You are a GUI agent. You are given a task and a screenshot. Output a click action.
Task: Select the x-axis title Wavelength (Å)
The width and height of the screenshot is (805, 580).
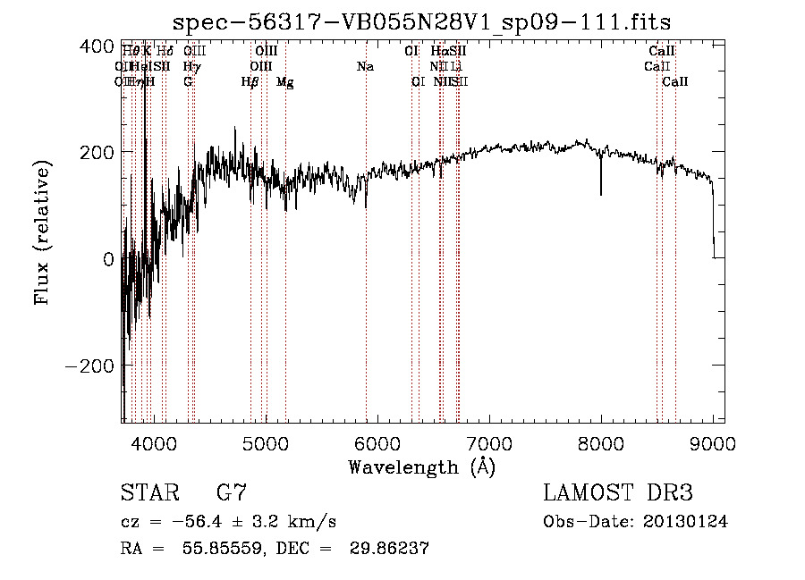pyautogui.click(x=421, y=467)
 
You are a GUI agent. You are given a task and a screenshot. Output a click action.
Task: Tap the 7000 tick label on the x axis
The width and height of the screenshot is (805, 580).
pyautogui.click(x=488, y=443)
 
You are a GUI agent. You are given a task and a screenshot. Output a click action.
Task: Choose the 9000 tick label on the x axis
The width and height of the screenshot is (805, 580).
pyautogui.click(x=712, y=443)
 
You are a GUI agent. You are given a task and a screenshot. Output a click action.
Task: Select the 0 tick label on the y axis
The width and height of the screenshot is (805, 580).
pyautogui.click(x=107, y=259)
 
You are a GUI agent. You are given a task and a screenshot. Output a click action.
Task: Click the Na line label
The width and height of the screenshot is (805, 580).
pyautogui.click(x=365, y=67)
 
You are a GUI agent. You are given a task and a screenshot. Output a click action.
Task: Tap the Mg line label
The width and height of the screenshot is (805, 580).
pyautogui.click(x=284, y=82)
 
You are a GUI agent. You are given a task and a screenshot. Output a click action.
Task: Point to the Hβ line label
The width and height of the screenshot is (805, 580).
pyautogui.click(x=250, y=82)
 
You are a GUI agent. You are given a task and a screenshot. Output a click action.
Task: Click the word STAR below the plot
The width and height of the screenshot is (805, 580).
pyautogui.click(x=148, y=493)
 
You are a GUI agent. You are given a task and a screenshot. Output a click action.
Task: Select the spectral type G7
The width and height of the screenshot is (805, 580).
pyautogui.click(x=231, y=493)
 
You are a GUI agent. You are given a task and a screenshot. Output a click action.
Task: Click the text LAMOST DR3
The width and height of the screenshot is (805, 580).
pyautogui.click(x=617, y=493)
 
